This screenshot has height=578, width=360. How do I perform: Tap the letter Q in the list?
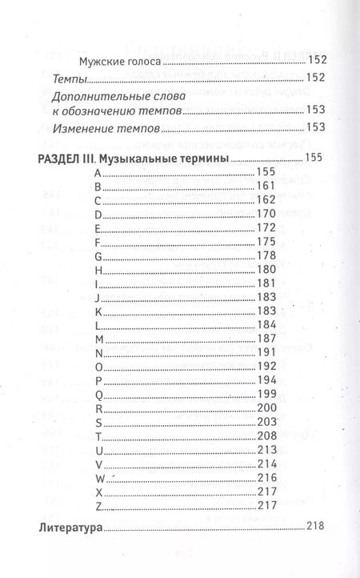98,394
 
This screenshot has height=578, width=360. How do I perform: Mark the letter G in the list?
98,255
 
